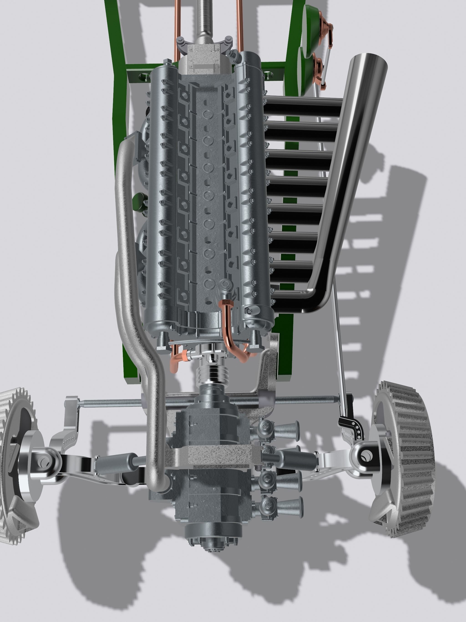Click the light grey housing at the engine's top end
pos(205,61)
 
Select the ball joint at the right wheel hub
pos(365,455)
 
